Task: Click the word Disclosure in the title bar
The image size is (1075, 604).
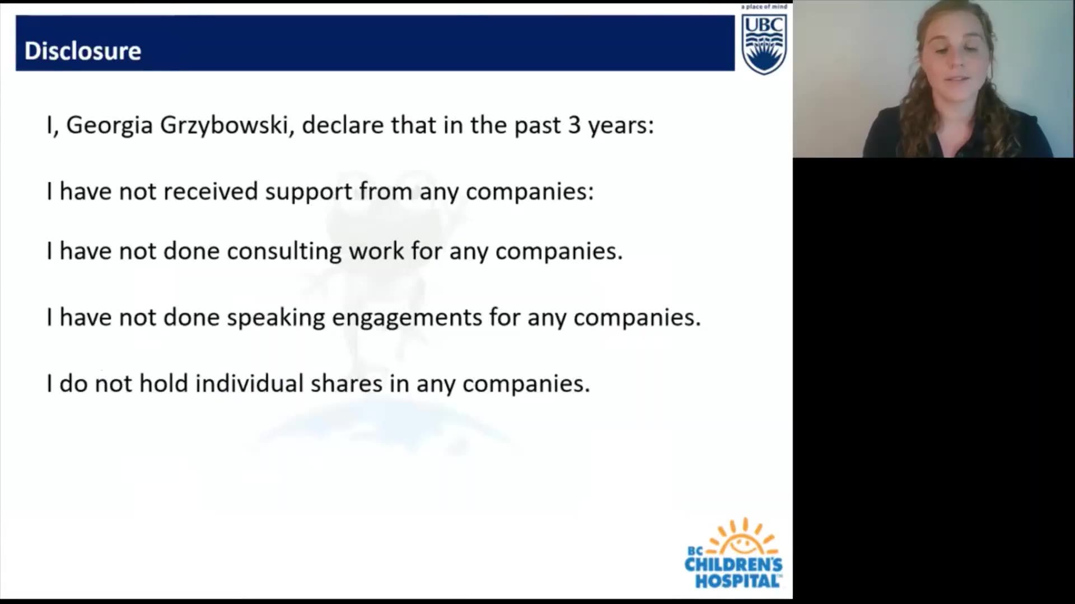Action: click(x=83, y=51)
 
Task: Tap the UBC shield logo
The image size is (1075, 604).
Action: click(x=764, y=44)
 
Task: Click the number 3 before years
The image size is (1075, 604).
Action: click(x=574, y=125)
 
